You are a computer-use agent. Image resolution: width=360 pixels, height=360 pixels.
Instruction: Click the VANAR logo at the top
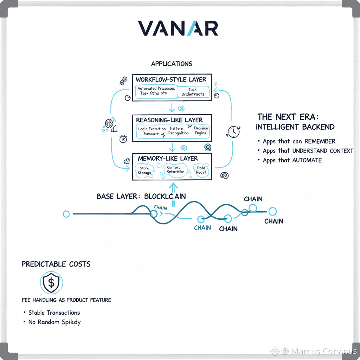(x=178, y=28)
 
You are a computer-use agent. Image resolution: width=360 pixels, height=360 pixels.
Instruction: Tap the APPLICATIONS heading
(x=172, y=64)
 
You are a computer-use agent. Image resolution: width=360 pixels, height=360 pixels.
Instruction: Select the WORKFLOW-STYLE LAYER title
(x=171, y=79)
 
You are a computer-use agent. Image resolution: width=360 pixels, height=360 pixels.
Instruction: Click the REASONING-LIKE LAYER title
(x=169, y=120)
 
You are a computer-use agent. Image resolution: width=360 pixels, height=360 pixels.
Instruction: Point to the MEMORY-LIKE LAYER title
(x=168, y=158)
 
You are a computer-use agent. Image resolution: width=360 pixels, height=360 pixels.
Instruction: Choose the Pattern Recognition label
(x=178, y=131)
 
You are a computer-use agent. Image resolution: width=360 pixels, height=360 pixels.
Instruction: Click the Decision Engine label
(x=201, y=130)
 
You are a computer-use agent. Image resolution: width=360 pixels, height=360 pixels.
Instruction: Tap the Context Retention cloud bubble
(x=175, y=169)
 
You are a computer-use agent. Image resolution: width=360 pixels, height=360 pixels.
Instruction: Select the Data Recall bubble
(x=201, y=170)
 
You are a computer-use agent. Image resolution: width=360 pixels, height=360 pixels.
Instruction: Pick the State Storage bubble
(x=144, y=171)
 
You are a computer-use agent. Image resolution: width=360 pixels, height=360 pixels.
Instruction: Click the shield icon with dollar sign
(x=51, y=282)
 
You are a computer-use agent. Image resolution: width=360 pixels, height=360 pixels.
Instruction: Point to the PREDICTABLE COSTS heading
(x=56, y=264)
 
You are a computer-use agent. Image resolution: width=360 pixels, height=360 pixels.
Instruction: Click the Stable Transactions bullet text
(x=54, y=313)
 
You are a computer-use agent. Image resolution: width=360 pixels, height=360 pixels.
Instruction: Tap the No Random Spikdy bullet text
(x=54, y=322)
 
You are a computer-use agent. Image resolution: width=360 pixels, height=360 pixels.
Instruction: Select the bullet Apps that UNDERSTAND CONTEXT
(x=308, y=151)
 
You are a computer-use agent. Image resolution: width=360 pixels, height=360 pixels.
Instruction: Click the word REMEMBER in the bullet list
(x=320, y=141)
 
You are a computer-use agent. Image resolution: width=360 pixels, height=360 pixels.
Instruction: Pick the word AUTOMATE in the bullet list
(x=307, y=160)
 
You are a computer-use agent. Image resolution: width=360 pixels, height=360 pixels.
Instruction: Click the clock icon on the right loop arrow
(x=233, y=132)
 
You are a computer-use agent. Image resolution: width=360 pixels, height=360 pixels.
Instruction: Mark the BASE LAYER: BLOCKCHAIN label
(x=141, y=196)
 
